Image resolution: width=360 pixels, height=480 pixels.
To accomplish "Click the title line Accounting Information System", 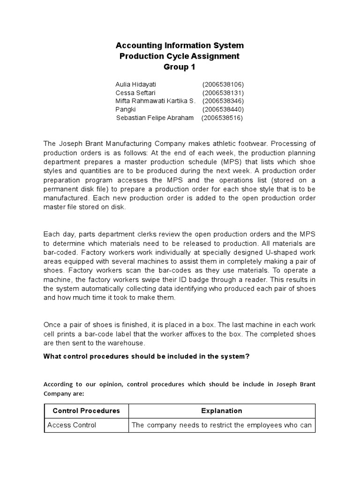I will [180, 45].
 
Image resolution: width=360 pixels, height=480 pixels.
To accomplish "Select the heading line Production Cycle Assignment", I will [180, 56].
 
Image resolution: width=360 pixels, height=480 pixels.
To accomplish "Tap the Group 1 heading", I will [180, 67].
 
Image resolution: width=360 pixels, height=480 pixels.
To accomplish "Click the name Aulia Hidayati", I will [136, 84].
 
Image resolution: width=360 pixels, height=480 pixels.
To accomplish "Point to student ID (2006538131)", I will [223, 93].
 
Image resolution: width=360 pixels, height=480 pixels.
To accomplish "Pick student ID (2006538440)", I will [223, 110].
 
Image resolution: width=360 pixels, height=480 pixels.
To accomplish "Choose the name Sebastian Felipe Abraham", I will [155, 118].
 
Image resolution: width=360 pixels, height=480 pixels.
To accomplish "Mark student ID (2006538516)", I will [222, 118].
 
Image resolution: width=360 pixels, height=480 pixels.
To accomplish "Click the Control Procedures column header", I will [86, 411].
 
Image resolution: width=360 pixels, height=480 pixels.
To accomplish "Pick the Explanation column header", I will [222, 411].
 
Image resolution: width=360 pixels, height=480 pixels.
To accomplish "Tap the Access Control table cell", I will [72, 425].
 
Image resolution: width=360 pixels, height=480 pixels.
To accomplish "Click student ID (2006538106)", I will [223, 84].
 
